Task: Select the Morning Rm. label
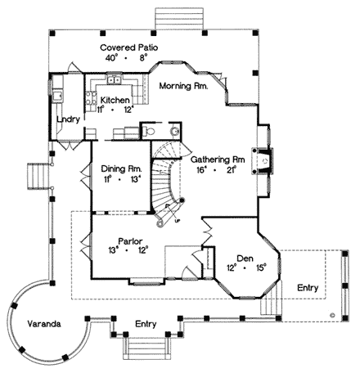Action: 182,85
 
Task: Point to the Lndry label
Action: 67,119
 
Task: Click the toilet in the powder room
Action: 173,130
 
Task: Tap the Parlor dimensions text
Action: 127,250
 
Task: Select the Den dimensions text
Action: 245,266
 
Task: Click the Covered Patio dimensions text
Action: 130,58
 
